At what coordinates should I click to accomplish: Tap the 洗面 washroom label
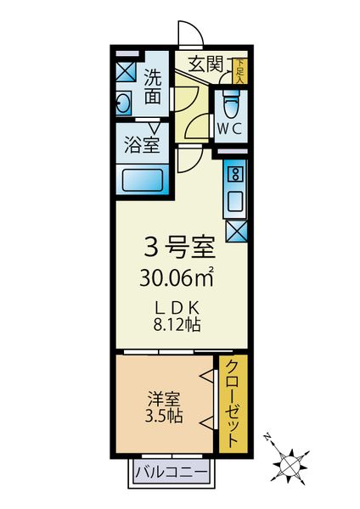click(x=152, y=86)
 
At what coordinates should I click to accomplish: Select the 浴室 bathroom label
click(x=141, y=143)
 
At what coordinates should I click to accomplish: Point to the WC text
click(x=229, y=129)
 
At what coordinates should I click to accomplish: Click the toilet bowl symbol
click(x=229, y=105)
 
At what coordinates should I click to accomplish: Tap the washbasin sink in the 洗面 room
click(x=125, y=105)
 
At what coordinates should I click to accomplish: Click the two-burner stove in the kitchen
click(x=235, y=175)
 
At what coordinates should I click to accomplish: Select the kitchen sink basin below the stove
click(x=235, y=201)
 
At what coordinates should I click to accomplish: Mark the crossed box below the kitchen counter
click(x=235, y=229)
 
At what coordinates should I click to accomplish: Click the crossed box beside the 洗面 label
click(x=126, y=70)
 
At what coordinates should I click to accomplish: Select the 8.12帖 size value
click(x=177, y=324)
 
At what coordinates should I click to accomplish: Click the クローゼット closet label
click(x=231, y=403)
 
